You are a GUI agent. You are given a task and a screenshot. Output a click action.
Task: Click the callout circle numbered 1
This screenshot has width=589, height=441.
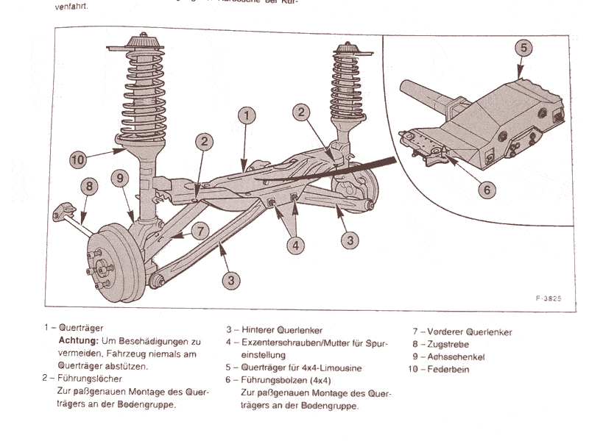pos(248,115)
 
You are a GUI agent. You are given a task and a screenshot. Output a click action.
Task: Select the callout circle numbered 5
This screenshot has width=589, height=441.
pos(522,48)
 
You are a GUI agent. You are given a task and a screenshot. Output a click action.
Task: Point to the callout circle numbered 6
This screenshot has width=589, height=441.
pos(484,189)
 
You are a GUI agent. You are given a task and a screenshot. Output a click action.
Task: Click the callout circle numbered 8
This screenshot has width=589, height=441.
pos(88,187)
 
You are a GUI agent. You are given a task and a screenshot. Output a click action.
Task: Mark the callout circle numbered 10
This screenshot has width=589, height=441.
pos(80,158)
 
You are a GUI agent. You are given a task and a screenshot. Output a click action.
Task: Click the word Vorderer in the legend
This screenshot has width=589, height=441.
pos(444,331)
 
